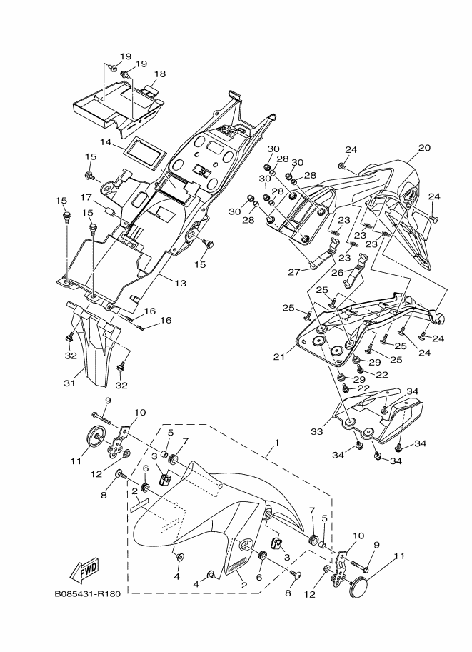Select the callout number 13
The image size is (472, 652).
180,284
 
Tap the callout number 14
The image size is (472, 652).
105,142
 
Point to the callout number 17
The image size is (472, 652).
86,198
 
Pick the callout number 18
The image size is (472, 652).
160,74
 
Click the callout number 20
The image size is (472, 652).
424,149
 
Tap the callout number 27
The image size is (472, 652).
293,272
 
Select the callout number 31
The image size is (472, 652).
69,383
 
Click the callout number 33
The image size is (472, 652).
316,431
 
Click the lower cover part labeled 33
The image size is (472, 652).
378,421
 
